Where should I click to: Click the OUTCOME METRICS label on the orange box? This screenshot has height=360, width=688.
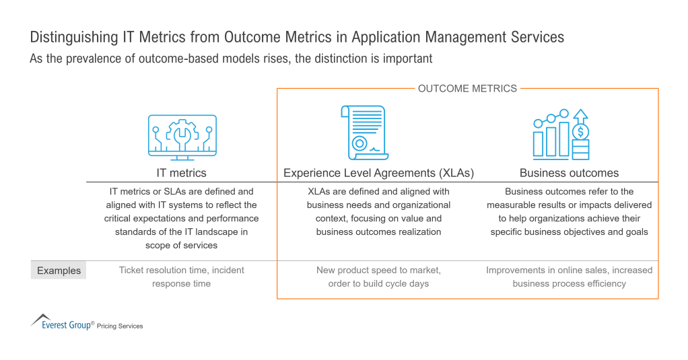467,88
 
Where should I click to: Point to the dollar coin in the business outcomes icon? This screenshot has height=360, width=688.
581,131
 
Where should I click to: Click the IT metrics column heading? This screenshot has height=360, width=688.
182,173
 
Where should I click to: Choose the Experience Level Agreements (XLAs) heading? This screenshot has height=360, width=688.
378,173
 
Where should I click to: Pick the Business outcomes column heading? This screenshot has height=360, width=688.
569,173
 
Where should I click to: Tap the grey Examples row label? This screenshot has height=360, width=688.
59,271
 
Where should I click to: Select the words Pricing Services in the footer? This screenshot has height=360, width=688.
120,326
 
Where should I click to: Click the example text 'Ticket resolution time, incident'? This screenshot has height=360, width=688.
182,270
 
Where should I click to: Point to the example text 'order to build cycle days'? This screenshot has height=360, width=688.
378,283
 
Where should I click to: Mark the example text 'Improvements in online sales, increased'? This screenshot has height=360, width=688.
569,270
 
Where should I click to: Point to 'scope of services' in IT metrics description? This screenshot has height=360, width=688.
181,246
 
